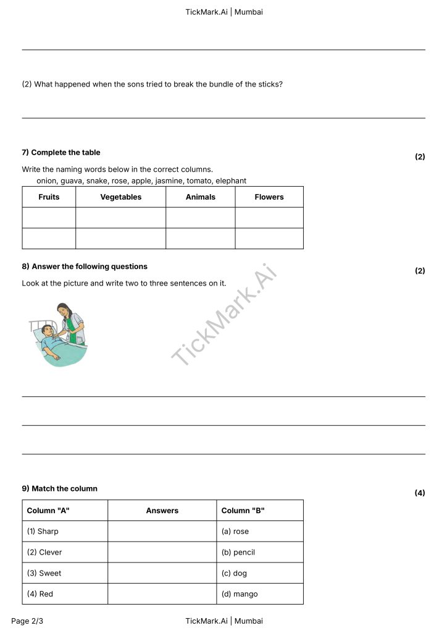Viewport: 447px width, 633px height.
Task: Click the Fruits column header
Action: point(49,197)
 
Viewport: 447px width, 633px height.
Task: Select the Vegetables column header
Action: point(120,197)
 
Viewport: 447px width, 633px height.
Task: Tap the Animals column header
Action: point(201,197)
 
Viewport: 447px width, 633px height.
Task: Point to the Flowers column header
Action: point(269,197)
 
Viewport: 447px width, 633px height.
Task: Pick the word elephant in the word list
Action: point(231,181)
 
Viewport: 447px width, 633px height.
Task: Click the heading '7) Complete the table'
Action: point(61,153)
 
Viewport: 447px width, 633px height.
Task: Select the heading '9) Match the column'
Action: point(60,489)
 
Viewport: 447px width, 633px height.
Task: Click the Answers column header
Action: point(162,511)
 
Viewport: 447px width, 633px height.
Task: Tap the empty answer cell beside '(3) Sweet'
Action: point(162,574)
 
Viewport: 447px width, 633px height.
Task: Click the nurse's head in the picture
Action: point(63,309)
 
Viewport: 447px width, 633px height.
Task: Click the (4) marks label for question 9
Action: point(420,493)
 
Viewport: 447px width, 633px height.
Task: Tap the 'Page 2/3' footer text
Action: point(27,621)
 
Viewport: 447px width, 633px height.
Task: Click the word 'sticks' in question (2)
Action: point(269,84)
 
